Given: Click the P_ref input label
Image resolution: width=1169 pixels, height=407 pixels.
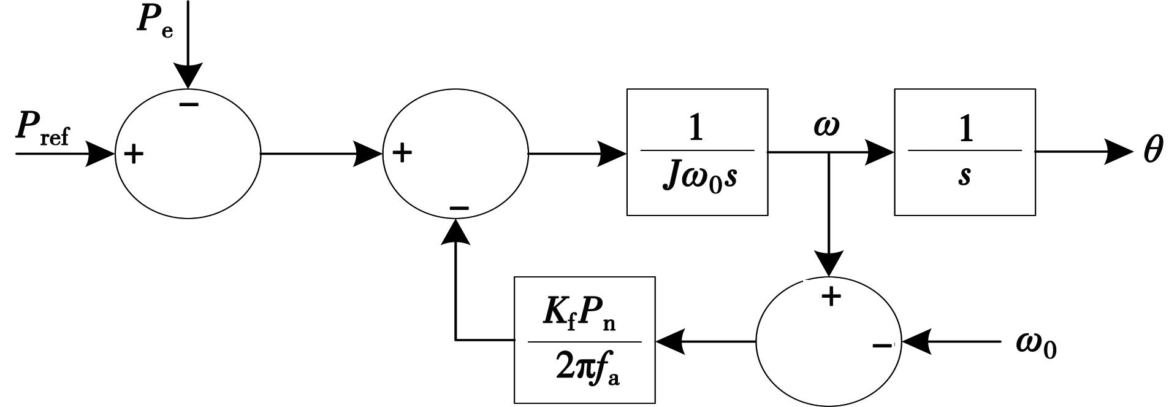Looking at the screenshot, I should (42, 128).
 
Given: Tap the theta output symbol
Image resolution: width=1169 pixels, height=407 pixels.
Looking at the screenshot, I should (1152, 150).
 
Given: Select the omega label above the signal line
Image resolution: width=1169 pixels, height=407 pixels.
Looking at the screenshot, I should (826, 126).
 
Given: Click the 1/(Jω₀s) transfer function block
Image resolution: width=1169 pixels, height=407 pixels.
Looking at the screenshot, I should (697, 152).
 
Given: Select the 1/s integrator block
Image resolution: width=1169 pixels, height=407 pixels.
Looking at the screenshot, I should (965, 152).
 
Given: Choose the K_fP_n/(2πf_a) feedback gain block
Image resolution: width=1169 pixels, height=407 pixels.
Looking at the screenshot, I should (584, 340).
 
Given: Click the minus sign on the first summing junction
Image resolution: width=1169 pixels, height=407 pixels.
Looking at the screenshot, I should (189, 105).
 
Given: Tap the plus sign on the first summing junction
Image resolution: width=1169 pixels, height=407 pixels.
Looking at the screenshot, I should (134, 154).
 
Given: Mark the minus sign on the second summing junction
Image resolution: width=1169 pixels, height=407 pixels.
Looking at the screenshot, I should (459, 209).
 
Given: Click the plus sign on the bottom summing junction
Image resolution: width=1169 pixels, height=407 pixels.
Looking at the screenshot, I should (831, 297).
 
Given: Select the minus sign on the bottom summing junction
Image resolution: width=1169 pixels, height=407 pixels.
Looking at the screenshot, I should (882, 346).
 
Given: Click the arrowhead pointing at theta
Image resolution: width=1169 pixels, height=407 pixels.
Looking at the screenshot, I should (1119, 152).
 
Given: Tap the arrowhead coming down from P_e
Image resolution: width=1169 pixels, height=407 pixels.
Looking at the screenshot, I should (188, 76).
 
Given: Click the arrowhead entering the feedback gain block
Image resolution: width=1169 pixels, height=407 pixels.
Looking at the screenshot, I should (670, 341).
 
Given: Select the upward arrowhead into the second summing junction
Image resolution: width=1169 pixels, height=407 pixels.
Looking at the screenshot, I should (455, 231).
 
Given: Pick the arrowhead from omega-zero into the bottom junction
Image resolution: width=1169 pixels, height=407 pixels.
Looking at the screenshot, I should (916, 341).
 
